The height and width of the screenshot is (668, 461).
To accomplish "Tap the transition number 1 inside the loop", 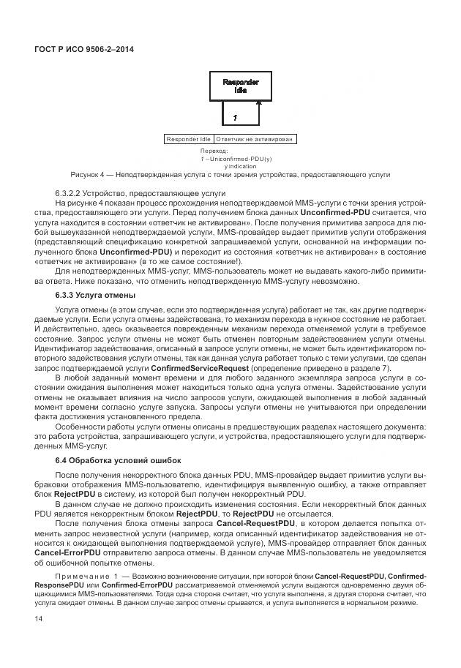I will coord(234,117).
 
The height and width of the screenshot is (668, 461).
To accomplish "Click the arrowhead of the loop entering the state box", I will coord(257,104).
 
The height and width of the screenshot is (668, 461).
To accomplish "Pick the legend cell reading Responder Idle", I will coord(189,138).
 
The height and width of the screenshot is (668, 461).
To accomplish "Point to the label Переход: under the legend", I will coord(214,151).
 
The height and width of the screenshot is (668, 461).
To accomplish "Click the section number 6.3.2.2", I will coord(68,192).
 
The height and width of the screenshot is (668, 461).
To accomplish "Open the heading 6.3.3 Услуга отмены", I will coord(96,295).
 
